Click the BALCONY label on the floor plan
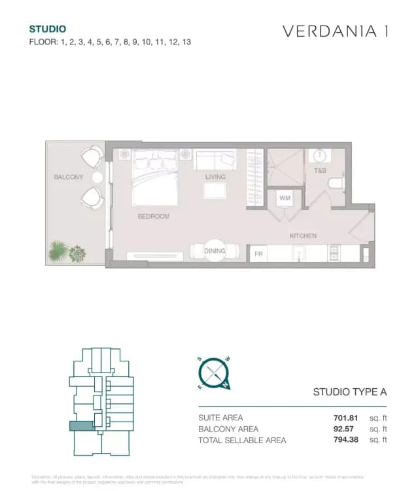click(x=69, y=177)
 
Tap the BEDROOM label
click(x=153, y=216)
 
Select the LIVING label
click(x=215, y=177)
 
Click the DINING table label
click(x=215, y=251)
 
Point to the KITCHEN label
click(x=303, y=236)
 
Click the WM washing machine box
click(x=285, y=198)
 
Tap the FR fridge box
click(x=258, y=253)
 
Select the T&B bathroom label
click(x=320, y=171)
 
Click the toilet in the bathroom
click(x=336, y=183)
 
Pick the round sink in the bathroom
click(x=321, y=156)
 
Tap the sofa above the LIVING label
click(x=215, y=160)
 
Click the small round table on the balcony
click(x=97, y=177)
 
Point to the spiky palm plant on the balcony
click(x=58, y=251)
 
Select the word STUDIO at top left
click(x=47, y=29)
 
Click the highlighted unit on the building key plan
click(x=82, y=426)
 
